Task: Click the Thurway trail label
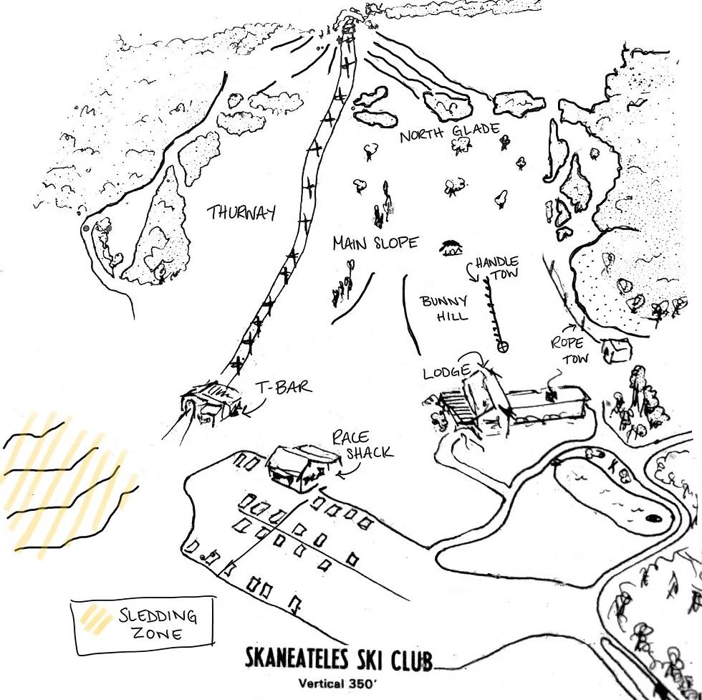click(241, 213)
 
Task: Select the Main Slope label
click(375, 244)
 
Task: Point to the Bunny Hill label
click(444, 308)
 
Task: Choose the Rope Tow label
click(567, 349)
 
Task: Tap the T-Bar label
click(284, 388)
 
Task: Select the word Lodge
click(446, 373)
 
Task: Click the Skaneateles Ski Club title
click(340, 659)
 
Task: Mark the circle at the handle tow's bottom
click(504, 347)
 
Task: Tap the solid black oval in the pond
click(653, 517)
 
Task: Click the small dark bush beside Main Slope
click(451, 248)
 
